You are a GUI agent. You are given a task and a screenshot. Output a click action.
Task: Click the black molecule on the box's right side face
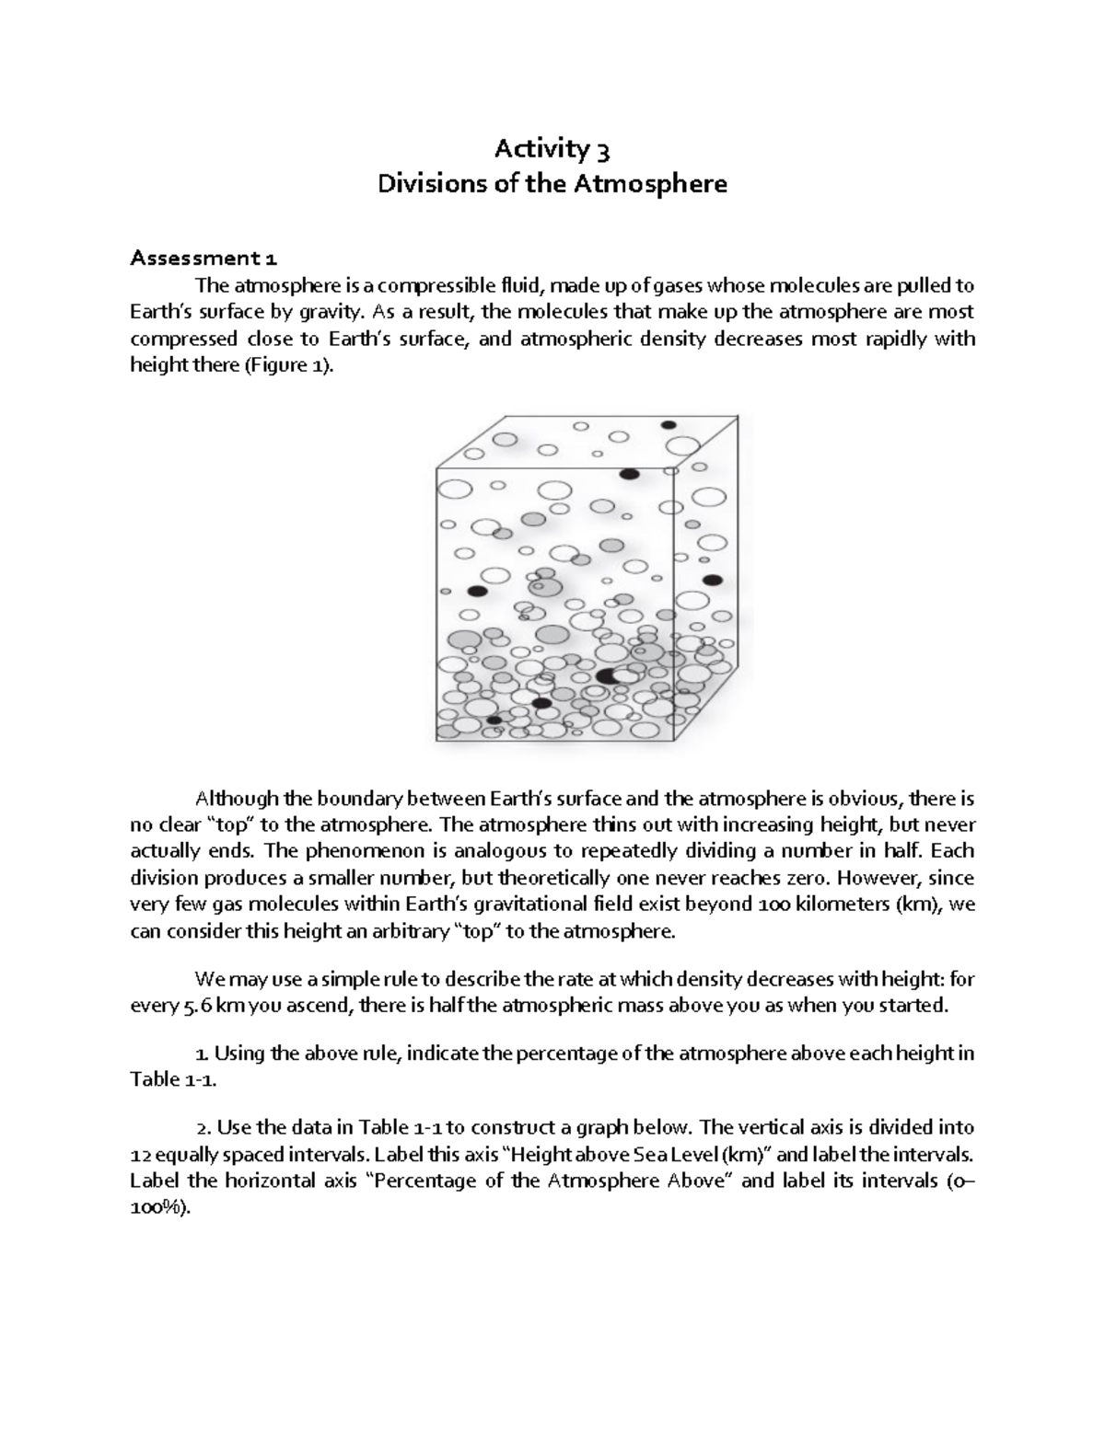tap(712, 580)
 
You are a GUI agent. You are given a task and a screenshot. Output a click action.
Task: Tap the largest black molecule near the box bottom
tap(607, 676)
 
